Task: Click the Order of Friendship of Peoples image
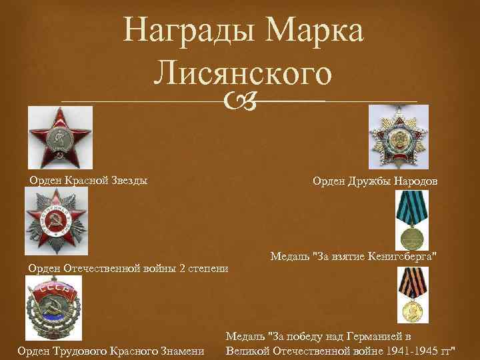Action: point(398,137)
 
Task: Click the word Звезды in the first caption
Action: point(127,180)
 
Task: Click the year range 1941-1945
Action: point(404,350)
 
